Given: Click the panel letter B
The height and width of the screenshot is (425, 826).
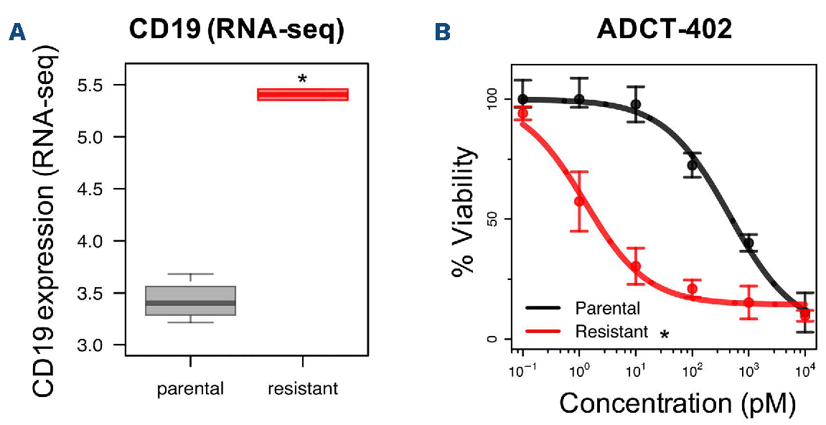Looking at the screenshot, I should [443, 32].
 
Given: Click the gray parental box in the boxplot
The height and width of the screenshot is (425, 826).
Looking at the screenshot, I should [190, 301].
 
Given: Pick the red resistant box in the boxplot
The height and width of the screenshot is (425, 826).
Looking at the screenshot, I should [302, 95].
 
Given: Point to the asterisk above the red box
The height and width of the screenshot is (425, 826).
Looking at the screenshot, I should [302, 78].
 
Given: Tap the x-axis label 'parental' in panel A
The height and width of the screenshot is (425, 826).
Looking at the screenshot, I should [190, 389].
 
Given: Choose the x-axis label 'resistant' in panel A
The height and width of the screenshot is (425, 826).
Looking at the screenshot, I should [302, 389].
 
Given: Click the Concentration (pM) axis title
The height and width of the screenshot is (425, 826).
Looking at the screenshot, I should [677, 403].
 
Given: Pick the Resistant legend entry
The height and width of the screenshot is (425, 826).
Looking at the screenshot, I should [611, 331].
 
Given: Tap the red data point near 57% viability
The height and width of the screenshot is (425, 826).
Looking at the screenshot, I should [579, 201].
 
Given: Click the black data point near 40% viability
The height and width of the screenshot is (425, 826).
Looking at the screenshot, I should [748, 243].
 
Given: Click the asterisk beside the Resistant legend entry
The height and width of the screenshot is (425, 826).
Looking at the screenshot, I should [665, 334].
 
